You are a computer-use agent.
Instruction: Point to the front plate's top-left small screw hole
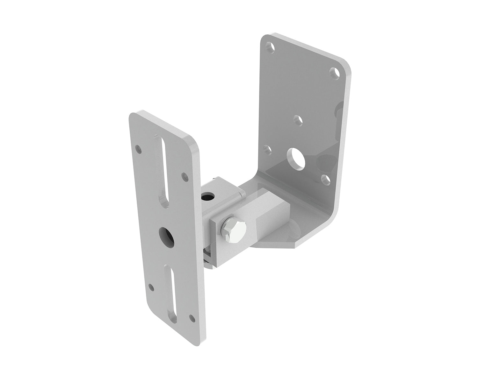[x=138, y=148]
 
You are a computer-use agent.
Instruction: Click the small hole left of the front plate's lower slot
[x=152, y=287]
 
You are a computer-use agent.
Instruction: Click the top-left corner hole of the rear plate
[x=271, y=47]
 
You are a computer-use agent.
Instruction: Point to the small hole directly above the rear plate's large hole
[x=297, y=120]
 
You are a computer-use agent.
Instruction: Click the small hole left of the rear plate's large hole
[x=267, y=148]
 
